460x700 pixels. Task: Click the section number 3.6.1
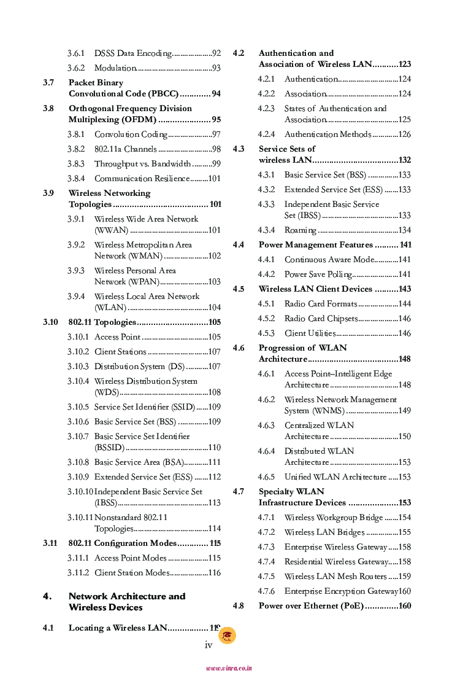(x=76, y=53)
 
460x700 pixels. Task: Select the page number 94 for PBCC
(x=216, y=94)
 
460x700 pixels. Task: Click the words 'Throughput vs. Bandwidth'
(x=143, y=164)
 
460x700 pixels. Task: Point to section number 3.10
(x=50, y=322)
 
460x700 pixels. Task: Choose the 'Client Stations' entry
(x=120, y=352)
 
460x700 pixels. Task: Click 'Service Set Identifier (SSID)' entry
(x=144, y=407)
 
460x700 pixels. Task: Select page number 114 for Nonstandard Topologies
(x=214, y=529)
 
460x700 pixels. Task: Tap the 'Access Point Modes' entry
(x=131, y=558)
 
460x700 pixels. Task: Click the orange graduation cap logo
(x=227, y=636)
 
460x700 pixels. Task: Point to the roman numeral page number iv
(x=208, y=645)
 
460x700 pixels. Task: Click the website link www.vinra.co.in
(x=229, y=668)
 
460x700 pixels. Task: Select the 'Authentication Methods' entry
(x=328, y=134)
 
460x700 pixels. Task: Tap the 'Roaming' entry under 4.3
(x=300, y=230)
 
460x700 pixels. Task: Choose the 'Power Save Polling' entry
(x=318, y=274)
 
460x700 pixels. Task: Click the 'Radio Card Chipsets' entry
(x=321, y=319)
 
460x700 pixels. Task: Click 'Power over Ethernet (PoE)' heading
(x=311, y=606)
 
